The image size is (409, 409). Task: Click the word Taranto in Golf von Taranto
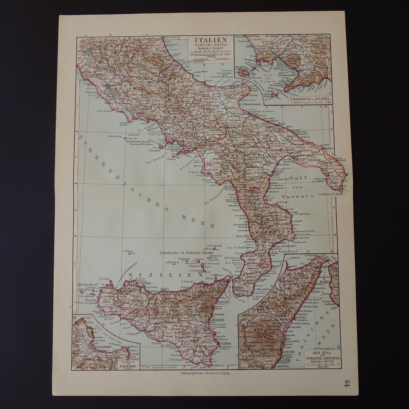coord(302,196)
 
